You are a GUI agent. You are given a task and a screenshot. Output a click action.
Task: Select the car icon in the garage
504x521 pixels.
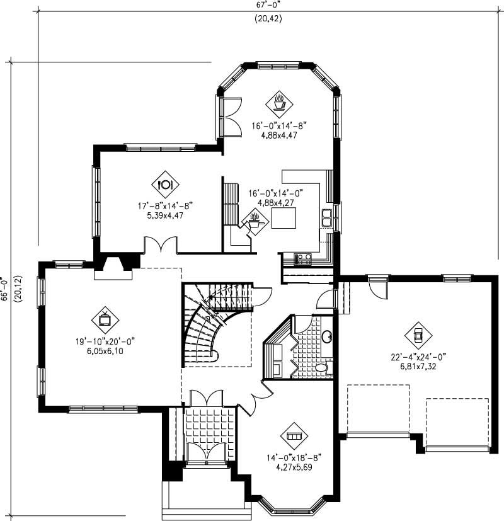[417, 333]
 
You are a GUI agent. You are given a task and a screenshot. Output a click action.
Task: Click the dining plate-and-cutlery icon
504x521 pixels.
[165, 184]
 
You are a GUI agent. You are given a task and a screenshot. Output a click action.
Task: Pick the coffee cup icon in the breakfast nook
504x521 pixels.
[280, 101]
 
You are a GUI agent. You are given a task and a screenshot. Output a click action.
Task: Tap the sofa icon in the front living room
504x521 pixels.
[293, 435]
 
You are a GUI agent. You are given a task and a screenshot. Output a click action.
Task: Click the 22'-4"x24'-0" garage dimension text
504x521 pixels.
[418, 357]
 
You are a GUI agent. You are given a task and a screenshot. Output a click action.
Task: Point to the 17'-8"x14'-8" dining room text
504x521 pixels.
[165, 205]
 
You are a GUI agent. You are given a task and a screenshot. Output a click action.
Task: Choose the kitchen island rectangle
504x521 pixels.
[283, 219]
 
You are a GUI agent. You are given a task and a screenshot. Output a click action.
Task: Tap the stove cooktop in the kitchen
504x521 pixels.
[303, 256]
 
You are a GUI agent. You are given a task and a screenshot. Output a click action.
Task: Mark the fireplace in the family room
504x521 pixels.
[113, 268]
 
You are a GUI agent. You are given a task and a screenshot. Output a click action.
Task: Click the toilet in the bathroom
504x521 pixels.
[320, 367]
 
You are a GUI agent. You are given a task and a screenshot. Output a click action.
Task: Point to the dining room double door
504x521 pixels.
[160, 244]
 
